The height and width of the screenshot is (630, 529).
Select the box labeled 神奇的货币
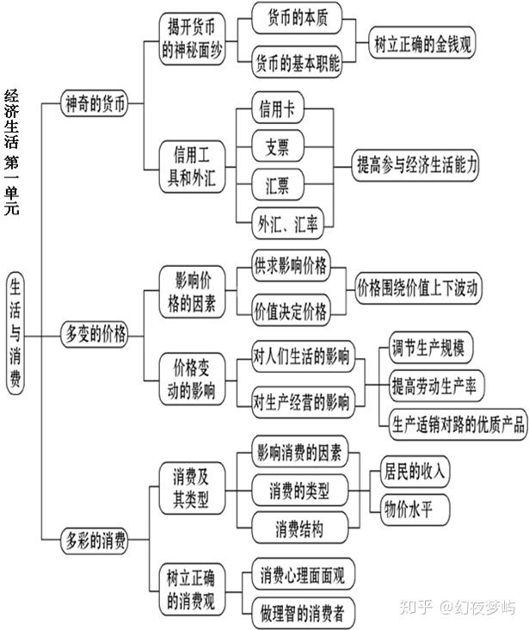click(x=95, y=106)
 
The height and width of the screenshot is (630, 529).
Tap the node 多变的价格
click(x=95, y=333)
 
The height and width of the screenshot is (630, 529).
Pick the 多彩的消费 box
click(x=95, y=540)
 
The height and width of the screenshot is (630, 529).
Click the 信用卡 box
click(x=278, y=110)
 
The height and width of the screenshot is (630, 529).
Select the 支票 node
click(x=278, y=147)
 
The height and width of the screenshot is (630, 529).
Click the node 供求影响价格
click(x=290, y=266)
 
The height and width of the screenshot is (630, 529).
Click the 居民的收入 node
click(x=416, y=471)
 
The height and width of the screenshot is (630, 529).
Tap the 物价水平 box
click(x=408, y=510)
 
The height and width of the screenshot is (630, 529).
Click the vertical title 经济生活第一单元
click(x=11, y=151)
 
